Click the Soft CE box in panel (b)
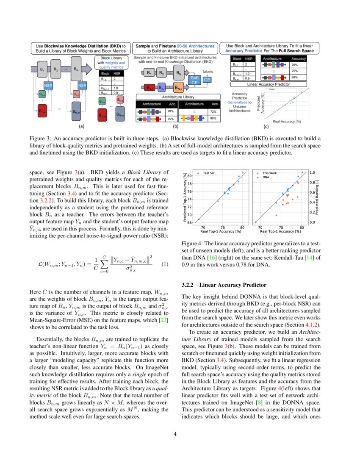(194, 80)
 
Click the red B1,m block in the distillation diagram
(42, 112)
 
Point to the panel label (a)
(81, 126)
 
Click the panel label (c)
(266, 126)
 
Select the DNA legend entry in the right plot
(266, 178)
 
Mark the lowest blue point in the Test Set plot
(198, 219)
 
